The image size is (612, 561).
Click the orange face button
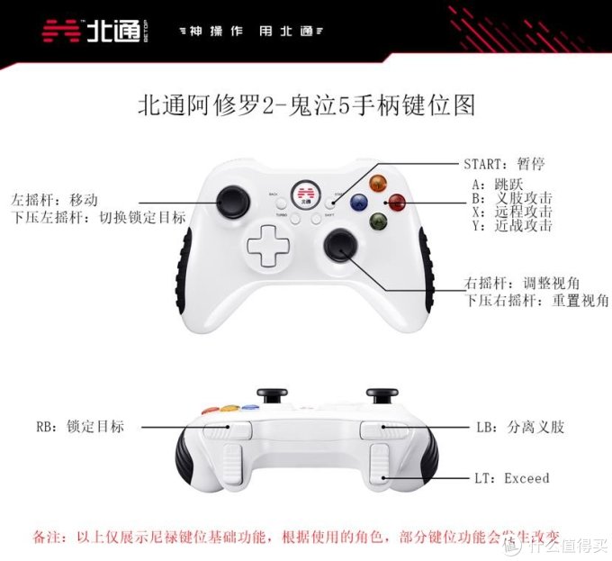(378, 183)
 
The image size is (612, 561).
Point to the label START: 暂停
(504, 165)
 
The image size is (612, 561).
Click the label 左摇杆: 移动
(53, 199)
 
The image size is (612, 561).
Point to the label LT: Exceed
(512, 477)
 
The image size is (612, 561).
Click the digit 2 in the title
(266, 105)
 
